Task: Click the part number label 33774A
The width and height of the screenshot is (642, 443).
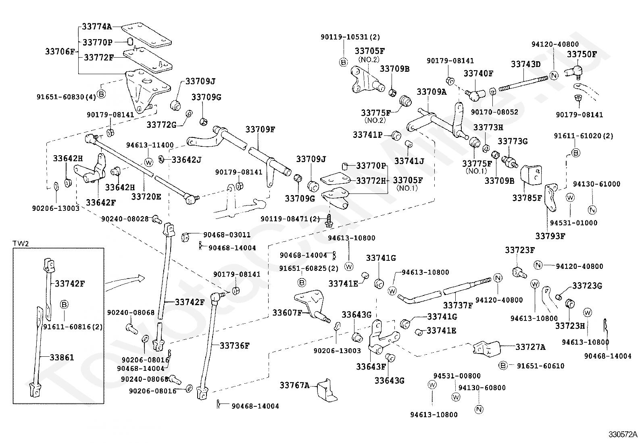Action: (x=97, y=27)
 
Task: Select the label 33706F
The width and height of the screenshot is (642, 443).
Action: (x=60, y=51)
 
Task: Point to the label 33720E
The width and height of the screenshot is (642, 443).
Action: (x=146, y=196)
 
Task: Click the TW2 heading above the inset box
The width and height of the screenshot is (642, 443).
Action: (x=19, y=243)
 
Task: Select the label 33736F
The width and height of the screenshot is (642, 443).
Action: (x=235, y=345)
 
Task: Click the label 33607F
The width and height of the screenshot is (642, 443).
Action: (x=287, y=312)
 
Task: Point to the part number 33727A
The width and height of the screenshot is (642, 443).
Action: (x=530, y=347)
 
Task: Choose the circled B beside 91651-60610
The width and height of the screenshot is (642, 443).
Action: (x=502, y=366)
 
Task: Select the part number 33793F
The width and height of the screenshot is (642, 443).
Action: (x=550, y=236)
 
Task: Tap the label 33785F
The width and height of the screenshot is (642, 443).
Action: (x=527, y=198)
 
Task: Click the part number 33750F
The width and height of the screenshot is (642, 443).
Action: (x=582, y=54)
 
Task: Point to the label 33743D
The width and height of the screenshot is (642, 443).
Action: (x=525, y=64)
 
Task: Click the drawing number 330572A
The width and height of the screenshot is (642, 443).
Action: (x=623, y=435)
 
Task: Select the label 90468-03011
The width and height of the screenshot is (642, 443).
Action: (x=227, y=235)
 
